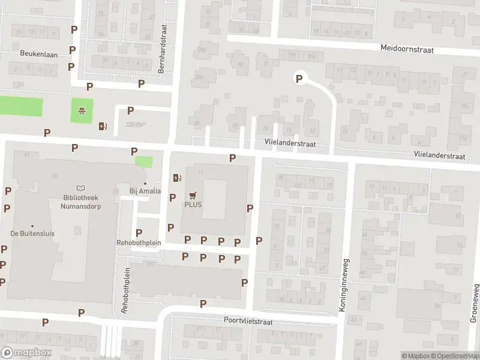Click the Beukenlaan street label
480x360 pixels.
pos(38,54)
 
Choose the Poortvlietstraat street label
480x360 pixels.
pos(248,322)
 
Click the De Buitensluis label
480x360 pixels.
pos(29,233)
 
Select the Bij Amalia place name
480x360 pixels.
pos(145,191)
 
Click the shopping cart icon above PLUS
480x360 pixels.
pos(193,195)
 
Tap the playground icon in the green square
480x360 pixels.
pos(82,110)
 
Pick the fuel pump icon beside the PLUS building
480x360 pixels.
pos(176,178)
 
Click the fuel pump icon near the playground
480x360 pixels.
pos(103,125)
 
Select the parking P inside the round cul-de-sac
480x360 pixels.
pos(298,77)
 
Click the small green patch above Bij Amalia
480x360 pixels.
pos(143,161)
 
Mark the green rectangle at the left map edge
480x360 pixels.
pos(21,106)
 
